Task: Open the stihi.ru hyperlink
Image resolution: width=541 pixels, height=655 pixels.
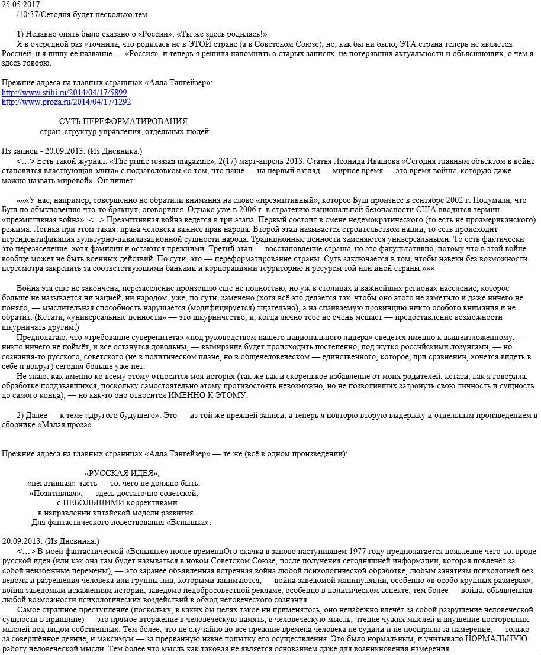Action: [65, 93]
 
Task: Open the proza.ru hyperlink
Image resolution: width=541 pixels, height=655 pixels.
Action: [67, 102]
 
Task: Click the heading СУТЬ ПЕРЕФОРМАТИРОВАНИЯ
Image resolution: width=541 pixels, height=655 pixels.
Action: [123, 122]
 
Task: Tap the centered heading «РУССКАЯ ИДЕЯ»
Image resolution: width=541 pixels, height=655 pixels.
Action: [123, 473]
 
